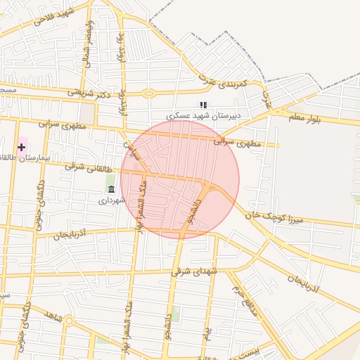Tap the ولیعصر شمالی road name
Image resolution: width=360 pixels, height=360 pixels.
[x=87, y=41]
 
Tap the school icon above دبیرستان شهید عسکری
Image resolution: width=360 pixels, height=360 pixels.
[x=203, y=104]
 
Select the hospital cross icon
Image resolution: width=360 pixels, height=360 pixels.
[x=22, y=146]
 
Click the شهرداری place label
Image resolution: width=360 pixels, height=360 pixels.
[x=111, y=200]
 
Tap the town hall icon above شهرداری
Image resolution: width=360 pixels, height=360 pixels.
[x=111, y=188]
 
